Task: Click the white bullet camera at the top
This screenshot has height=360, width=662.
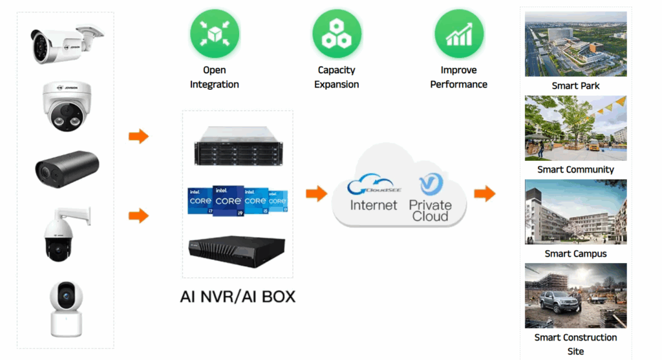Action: (65, 43)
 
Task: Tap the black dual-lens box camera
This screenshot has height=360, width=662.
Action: (65, 168)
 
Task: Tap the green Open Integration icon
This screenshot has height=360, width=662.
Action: (215, 34)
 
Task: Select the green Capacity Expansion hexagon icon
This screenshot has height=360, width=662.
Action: (336, 34)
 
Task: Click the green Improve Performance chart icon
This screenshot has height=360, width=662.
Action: (459, 34)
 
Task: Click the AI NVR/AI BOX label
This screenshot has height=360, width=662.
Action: (237, 297)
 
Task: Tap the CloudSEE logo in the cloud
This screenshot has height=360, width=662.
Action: (372, 186)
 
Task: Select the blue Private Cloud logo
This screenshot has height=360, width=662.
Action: (429, 185)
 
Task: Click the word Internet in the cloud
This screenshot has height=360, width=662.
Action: (374, 205)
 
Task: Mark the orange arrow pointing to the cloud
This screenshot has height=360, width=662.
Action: (316, 193)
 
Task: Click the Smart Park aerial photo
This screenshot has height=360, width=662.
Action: (575, 44)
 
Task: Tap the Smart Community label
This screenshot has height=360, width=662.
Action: (575, 170)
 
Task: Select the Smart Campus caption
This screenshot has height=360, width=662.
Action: (575, 254)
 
